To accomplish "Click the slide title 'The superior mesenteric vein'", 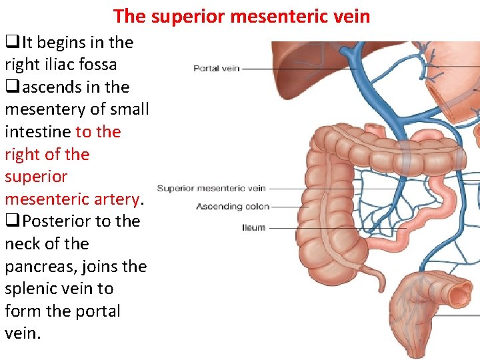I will pos(241,15).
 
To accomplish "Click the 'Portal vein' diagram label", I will pos(216,68).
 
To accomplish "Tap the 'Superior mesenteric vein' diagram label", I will pos(211,189).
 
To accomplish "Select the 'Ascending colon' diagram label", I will pos(233,207).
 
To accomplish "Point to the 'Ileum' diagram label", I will pos(253,228).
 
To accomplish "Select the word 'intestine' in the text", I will pos(37,132).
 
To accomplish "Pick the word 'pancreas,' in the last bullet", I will pos(40,267).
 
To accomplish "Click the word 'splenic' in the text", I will pos(31,289).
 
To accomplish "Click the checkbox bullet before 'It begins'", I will pos(11,43).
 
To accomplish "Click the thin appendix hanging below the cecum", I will pos(370,279).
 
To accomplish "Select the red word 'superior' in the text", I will pos(36,177).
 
